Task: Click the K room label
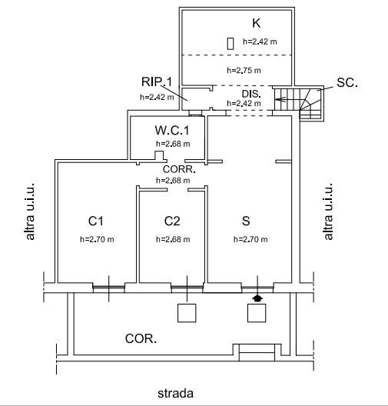(x=257, y=23)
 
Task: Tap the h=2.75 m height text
(x=244, y=70)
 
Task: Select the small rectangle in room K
(x=230, y=44)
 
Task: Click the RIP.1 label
(x=157, y=82)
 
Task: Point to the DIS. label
(x=251, y=94)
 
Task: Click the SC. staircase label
(x=347, y=82)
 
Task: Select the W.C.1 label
(x=172, y=130)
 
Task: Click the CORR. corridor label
(x=179, y=169)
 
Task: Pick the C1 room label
(x=96, y=221)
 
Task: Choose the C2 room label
(x=172, y=221)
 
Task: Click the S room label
(x=246, y=221)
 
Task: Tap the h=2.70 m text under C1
(x=97, y=239)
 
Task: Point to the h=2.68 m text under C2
(x=173, y=239)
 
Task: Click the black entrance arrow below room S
(x=257, y=298)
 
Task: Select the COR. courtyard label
(x=141, y=338)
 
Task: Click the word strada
(x=175, y=394)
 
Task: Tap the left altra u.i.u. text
(x=30, y=211)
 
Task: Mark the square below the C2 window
(x=187, y=313)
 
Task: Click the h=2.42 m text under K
(x=260, y=42)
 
